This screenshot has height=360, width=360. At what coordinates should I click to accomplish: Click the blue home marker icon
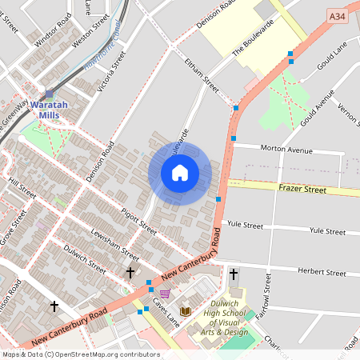180,173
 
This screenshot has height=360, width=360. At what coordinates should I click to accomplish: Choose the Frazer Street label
303,190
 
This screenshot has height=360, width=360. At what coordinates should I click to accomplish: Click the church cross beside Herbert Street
234,274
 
